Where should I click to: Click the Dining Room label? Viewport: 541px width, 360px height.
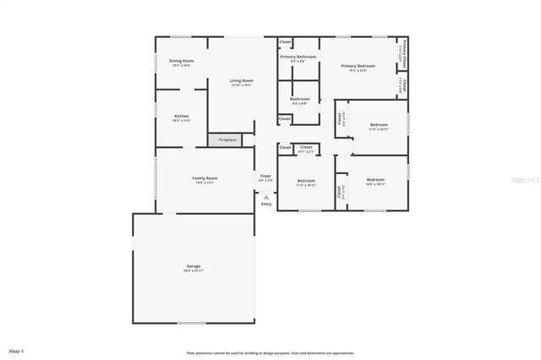tap(182, 61)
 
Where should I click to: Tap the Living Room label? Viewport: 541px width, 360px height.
tap(242, 80)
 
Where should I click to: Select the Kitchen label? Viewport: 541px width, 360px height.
tap(182, 116)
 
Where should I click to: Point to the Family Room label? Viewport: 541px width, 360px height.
tap(205, 177)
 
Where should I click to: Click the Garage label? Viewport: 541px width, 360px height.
tap(194, 266)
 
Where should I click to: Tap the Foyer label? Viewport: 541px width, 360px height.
tap(265, 176)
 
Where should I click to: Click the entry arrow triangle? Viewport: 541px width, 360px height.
tap(266, 196)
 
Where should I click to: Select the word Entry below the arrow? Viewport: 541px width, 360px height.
tap(266, 204)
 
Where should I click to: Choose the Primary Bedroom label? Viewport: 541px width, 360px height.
tap(358, 65)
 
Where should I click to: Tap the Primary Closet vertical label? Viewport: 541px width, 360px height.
tap(404, 52)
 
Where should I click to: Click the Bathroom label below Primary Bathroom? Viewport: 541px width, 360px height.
tap(300, 99)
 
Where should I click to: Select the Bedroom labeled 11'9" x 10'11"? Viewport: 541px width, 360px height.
tap(379, 124)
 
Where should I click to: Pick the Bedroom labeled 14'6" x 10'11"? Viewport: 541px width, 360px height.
tap(375, 179)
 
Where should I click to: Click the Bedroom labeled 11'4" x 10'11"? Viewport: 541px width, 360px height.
tap(306, 180)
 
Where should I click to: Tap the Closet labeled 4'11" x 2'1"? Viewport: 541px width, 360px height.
tap(306, 147)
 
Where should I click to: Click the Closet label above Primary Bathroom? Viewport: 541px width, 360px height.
tap(286, 41)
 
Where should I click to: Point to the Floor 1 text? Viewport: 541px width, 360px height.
tap(17, 350)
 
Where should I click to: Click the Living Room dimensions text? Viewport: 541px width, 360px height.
tap(242, 85)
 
